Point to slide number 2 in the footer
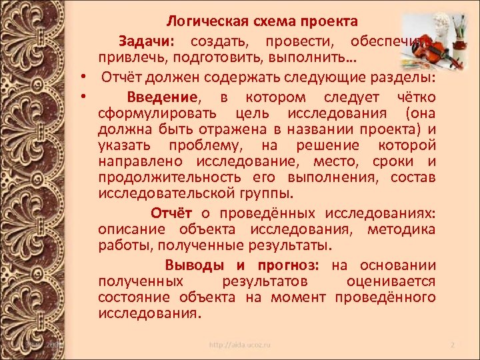point(452,345)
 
